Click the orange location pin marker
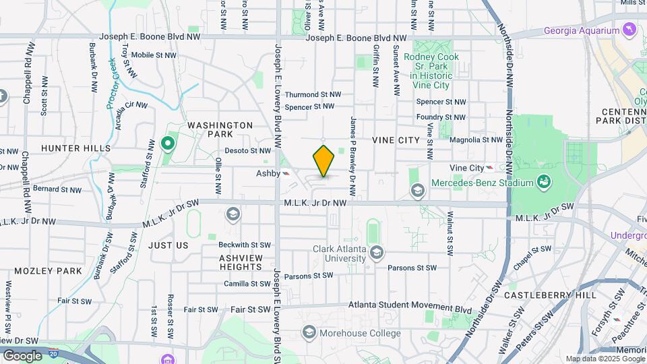coord(324,160)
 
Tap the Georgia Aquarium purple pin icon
coord(629,30)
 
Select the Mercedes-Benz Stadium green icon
coord(543,182)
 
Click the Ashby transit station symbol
coord(287,173)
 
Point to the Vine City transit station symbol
coord(490,168)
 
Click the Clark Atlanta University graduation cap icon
coord(376,253)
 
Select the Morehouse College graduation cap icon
coord(309,332)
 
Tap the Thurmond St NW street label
coord(313,95)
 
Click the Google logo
coord(22,355)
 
